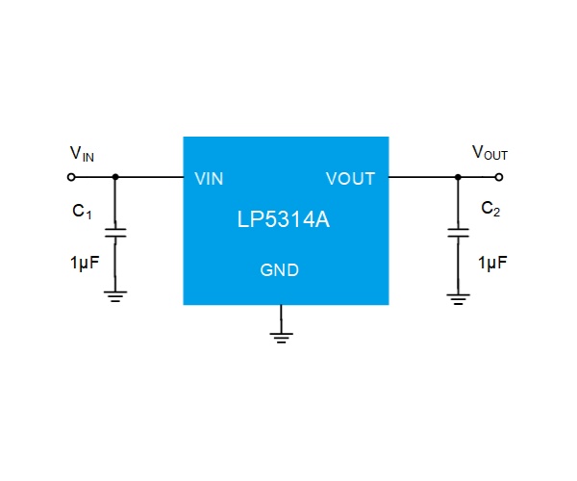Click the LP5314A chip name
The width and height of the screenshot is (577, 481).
tap(284, 219)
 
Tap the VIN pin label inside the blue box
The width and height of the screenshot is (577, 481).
tap(209, 179)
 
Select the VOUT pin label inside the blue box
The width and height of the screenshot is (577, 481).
tap(350, 179)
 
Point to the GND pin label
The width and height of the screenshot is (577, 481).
tap(279, 270)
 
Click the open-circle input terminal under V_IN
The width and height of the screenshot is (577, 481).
tap(71, 177)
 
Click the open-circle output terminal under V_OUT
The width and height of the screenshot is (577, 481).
tap(498, 177)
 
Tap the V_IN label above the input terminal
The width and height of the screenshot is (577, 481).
tap(82, 154)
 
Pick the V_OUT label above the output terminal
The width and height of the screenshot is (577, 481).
tap(489, 153)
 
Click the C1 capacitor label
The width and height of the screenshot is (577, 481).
tap(82, 212)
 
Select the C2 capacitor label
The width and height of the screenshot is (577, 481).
tap(490, 209)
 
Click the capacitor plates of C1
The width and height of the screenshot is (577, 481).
tap(115, 233)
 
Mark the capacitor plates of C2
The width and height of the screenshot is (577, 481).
tap(458, 233)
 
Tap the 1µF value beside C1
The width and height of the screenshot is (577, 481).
tap(85, 263)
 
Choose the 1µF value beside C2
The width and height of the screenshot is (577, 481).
tap(492, 263)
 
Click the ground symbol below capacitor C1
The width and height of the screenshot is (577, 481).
tap(115, 296)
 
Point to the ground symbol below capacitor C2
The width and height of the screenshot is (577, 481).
tap(458, 299)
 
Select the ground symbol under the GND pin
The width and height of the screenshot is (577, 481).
tap(281, 338)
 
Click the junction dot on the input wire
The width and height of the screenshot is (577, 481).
tap(115, 177)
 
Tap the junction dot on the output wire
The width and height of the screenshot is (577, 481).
tap(458, 177)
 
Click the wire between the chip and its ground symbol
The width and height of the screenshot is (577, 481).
tap(281, 318)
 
